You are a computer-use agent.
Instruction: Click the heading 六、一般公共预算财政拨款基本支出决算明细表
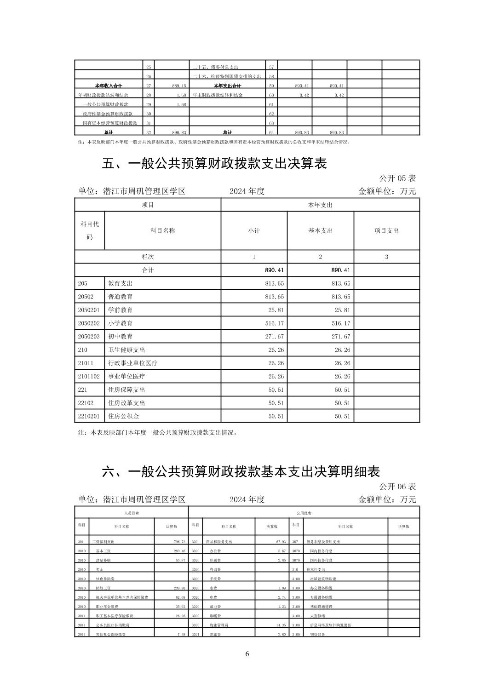(x=241, y=472)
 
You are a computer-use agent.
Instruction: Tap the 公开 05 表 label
(x=397, y=178)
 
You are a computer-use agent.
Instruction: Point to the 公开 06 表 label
(x=397, y=486)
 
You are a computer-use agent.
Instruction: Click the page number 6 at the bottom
(x=247, y=654)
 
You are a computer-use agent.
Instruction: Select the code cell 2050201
(x=89, y=310)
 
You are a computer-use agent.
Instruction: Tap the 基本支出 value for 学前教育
(x=340, y=310)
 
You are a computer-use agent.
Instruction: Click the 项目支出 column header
(x=386, y=231)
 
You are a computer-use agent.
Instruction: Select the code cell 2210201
(x=89, y=416)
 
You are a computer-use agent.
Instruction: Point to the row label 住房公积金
(x=123, y=416)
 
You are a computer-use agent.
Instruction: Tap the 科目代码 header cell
(x=90, y=230)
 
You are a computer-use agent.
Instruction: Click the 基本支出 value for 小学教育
(x=340, y=323)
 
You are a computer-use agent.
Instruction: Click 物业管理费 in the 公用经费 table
(x=219, y=625)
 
